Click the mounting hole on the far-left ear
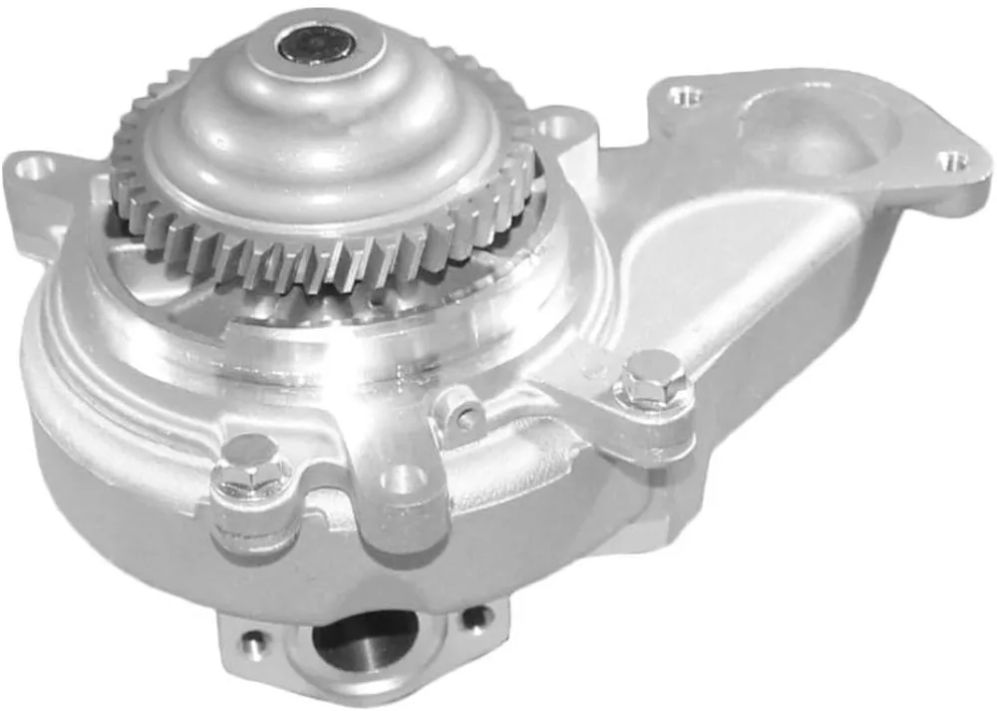[32, 168]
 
